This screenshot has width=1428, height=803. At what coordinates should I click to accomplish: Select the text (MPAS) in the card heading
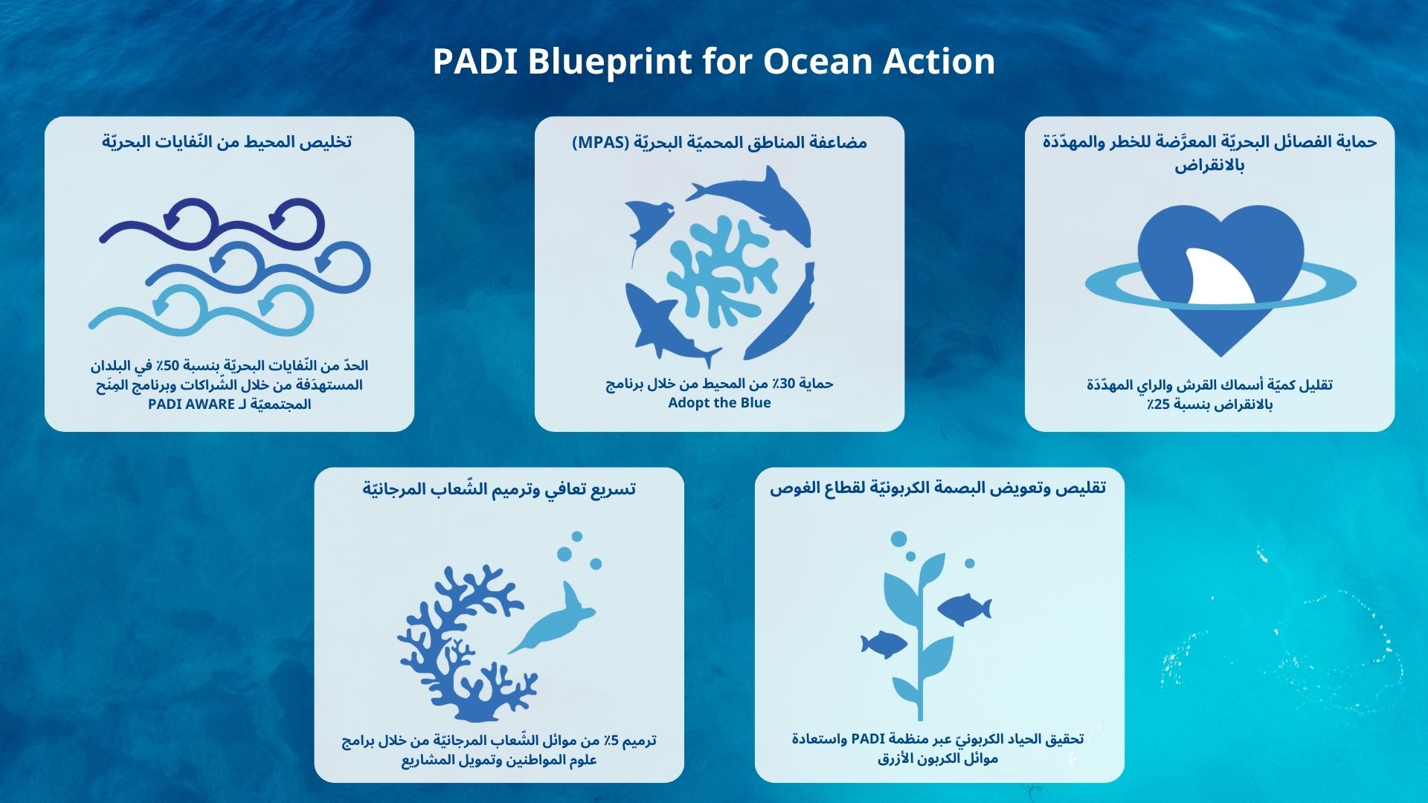point(601,142)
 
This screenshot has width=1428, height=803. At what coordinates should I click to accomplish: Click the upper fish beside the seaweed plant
point(964,609)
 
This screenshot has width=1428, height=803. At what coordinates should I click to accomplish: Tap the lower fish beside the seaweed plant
point(884,644)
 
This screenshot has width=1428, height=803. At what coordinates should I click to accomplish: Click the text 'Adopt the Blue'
point(719,403)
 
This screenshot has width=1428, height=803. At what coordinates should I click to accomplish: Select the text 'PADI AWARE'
point(191,404)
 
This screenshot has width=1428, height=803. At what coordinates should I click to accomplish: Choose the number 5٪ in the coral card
point(611,741)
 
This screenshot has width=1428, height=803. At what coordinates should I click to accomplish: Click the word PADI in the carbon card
point(866,739)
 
